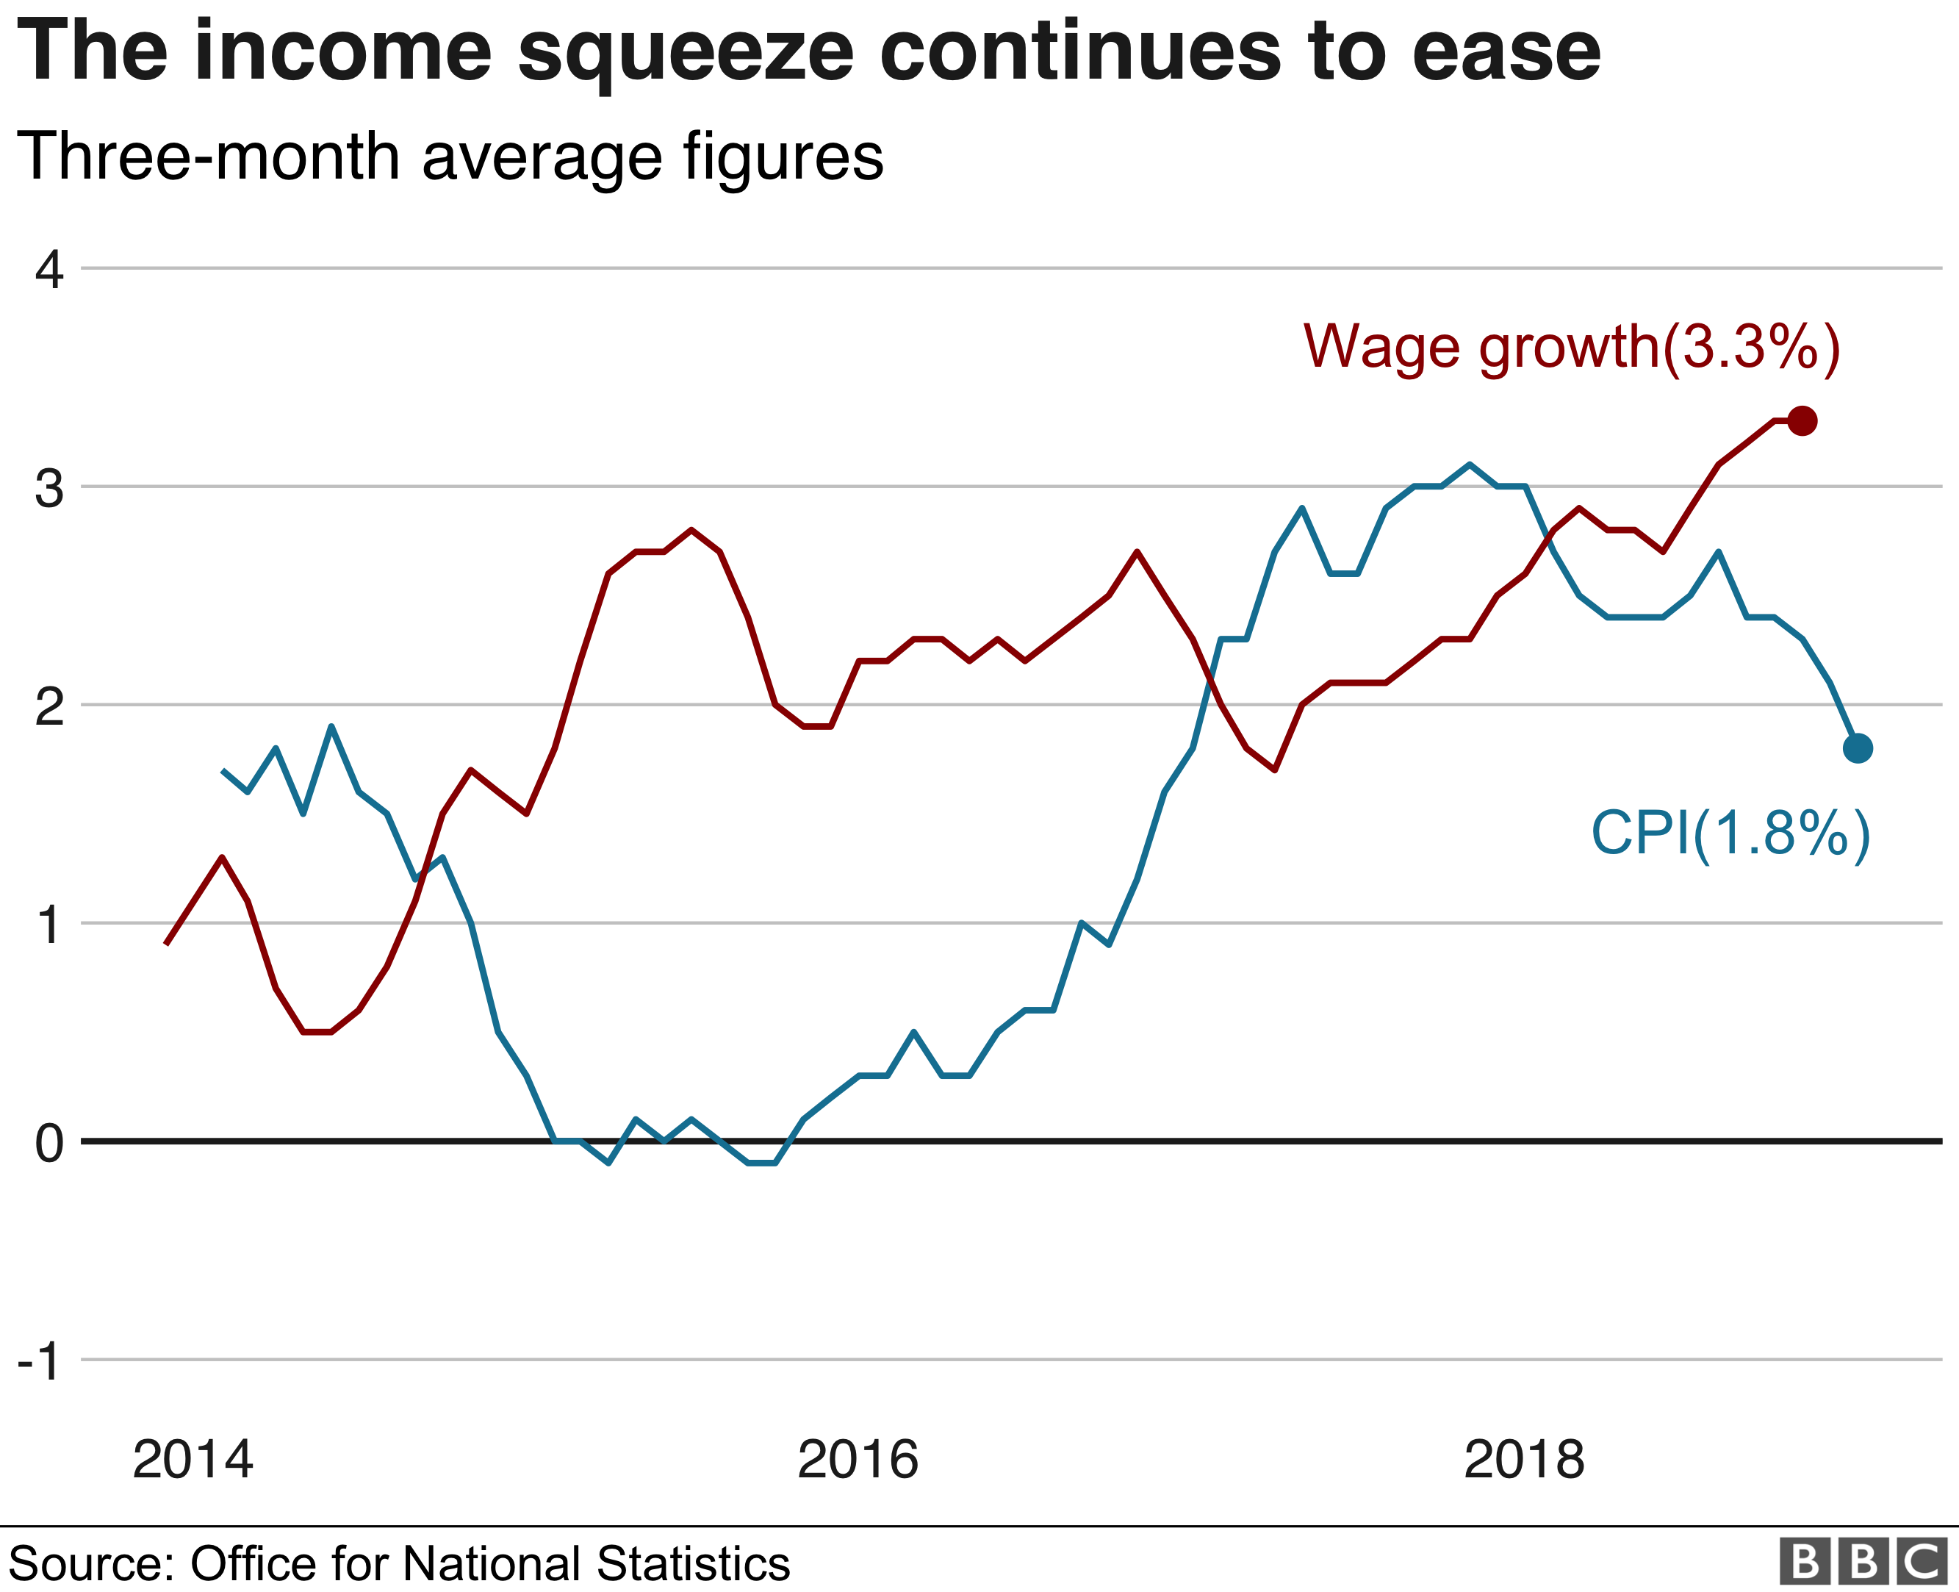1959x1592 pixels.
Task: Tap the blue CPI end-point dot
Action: point(1858,748)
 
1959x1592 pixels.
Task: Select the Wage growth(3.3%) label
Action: point(1571,348)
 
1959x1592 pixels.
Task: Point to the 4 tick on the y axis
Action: point(49,270)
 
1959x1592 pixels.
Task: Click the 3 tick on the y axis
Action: point(49,489)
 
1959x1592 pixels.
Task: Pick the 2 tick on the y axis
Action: point(49,707)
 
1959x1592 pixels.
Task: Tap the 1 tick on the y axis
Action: point(49,925)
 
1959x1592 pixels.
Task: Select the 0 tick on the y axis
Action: point(49,1144)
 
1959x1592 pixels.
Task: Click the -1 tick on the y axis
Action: point(40,1362)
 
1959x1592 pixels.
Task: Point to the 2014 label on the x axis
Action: point(193,1460)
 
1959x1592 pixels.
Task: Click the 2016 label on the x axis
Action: point(857,1460)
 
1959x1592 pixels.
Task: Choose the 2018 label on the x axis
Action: point(1523,1460)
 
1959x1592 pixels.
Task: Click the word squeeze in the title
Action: point(686,53)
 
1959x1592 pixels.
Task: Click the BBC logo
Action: point(1863,1563)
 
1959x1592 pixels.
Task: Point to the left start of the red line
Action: point(166,944)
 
